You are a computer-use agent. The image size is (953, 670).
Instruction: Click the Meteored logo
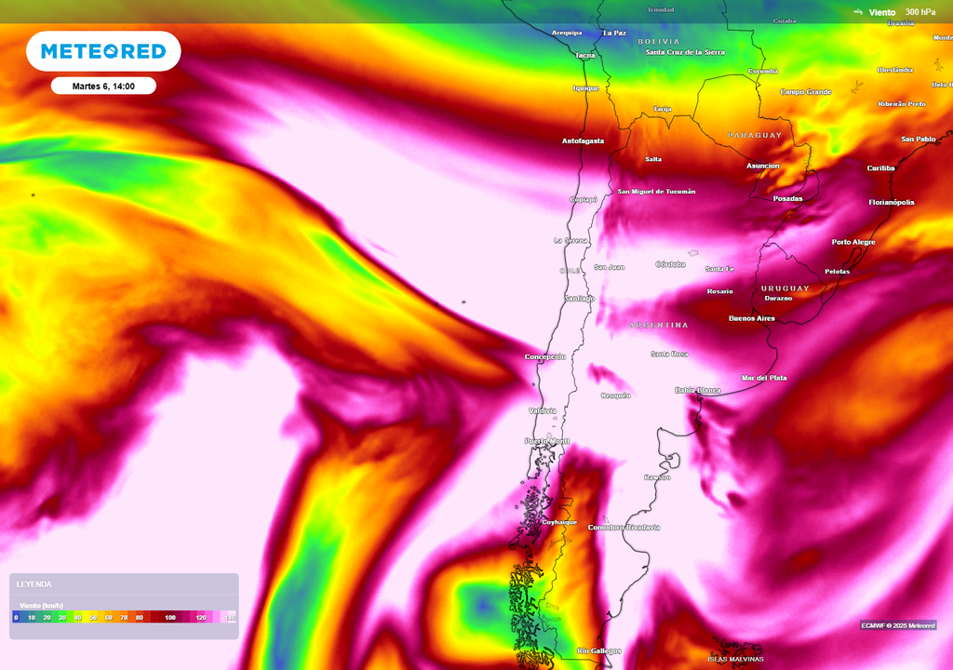pyautogui.click(x=103, y=51)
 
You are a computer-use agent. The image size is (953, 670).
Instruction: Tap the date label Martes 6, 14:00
pyautogui.click(x=103, y=86)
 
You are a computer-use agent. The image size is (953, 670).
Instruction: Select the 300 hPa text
pyautogui.click(x=920, y=12)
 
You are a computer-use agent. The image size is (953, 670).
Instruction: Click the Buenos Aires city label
pyautogui.click(x=752, y=318)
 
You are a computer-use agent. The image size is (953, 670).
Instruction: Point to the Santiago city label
pyautogui.click(x=579, y=298)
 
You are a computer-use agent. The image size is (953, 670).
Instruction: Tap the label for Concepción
pyautogui.click(x=545, y=357)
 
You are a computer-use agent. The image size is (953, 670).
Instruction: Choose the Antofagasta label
pyautogui.click(x=583, y=141)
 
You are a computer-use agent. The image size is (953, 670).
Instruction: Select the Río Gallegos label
pyautogui.click(x=599, y=651)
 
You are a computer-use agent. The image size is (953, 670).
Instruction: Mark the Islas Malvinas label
pyautogui.click(x=735, y=659)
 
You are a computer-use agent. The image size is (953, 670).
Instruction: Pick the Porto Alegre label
pyautogui.click(x=853, y=242)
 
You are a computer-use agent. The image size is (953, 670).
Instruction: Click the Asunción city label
pyautogui.click(x=763, y=166)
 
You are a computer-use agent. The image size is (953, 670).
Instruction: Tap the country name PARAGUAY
pyautogui.click(x=755, y=136)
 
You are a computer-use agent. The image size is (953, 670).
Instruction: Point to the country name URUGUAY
pyautogui.click(x=785, y=288)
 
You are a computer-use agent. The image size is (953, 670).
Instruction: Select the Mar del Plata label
pyautogui.click(x=764, y=378)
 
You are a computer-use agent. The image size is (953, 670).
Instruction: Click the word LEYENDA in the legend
pyautogui.click(x=34, y=584)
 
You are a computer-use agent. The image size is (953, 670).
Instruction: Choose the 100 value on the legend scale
pyautogui.click(x=170, y=617)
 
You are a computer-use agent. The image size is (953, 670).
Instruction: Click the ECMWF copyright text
pyautogui.click(x=898, y=625)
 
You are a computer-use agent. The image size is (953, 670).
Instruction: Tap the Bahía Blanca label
pyautogui.click(x=698, y=391)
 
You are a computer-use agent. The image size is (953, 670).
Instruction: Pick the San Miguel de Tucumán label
pyautogui.click(x=656, y=192)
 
